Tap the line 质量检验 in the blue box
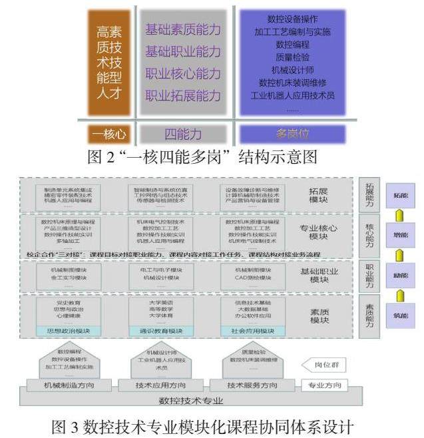coord(292,57)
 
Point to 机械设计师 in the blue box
coord(292,70)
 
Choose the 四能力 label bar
coord(183,134)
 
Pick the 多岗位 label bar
coord(292,134)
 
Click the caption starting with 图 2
coord(211,157)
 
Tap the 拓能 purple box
coord(401,196)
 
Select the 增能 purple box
coord(401,235)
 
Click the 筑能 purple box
coord(401,315)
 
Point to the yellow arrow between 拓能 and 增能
coord(401,216)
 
